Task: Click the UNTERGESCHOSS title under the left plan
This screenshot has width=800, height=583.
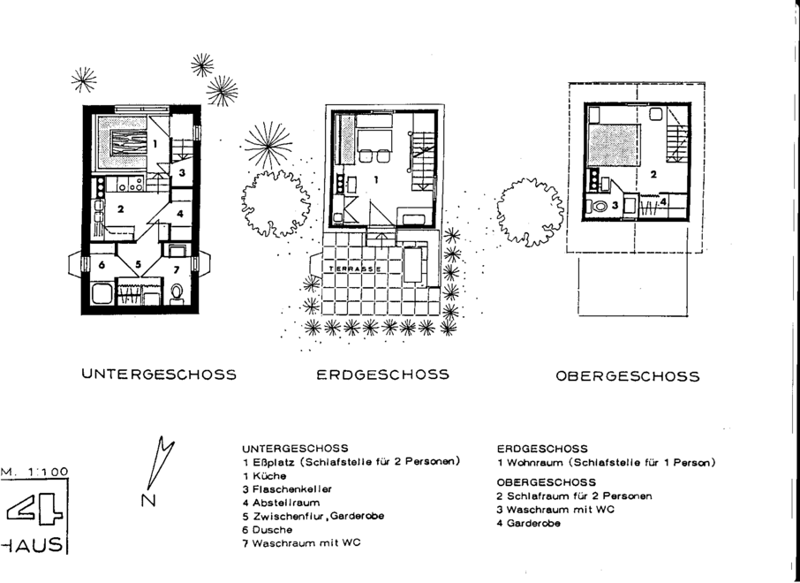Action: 159,375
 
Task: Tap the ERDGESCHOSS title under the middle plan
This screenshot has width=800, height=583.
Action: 382,375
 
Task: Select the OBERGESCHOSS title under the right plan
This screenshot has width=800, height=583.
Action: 628,376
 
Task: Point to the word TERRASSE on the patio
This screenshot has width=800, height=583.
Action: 355,269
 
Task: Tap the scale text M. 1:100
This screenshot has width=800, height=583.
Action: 34,472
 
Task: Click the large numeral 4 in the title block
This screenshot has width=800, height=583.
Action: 34,511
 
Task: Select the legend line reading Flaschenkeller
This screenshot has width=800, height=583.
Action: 287,489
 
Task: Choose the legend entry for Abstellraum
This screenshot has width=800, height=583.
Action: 281,503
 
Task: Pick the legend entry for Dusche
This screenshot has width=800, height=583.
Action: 268,530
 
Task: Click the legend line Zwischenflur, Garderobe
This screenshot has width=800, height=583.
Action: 313,516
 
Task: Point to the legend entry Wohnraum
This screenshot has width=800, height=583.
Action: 606,463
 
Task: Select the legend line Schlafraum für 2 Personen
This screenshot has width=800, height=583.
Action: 575,496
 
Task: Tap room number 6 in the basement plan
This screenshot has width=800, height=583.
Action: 102,265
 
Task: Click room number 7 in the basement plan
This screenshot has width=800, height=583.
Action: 177,269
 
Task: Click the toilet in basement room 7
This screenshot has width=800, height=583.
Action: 177,293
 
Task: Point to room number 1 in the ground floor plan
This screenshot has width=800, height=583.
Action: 376,179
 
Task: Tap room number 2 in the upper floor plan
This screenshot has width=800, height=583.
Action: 653,174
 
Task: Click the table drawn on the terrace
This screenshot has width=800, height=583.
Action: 412,264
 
